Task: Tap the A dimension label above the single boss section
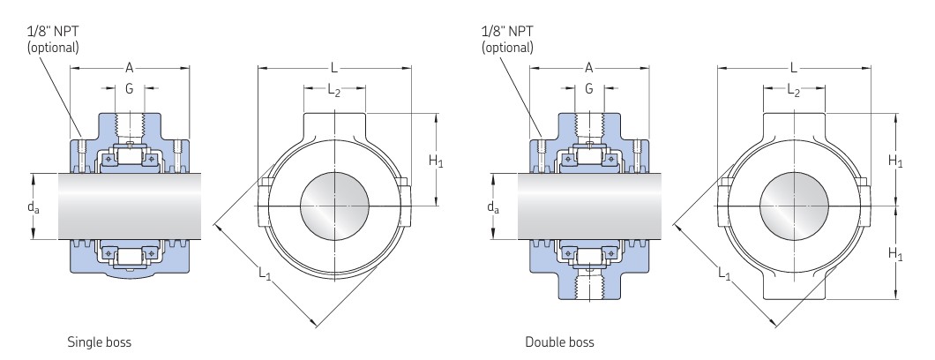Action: [131, 67]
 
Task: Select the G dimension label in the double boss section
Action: [589, 88]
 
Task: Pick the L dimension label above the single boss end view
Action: [334, 67]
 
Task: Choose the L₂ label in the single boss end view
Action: [334, 89]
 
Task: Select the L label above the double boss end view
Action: [794, 67]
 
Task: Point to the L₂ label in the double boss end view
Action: [794, 89]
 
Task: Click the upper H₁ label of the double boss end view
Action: [895, 161]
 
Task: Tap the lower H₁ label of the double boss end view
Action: [895, 254]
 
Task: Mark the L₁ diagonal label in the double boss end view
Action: [724, 274]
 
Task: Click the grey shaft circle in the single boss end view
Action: [335, 206]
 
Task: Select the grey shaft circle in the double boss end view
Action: [794, 206]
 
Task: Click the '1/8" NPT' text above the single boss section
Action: [52, 30]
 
